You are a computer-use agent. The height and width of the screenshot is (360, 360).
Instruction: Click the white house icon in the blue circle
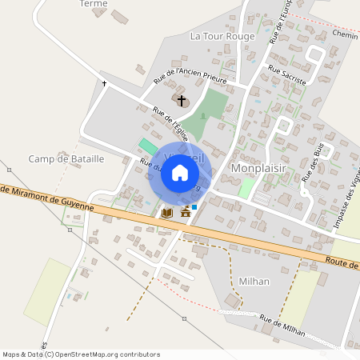[180, 173]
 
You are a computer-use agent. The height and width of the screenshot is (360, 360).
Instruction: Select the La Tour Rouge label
[222, 36]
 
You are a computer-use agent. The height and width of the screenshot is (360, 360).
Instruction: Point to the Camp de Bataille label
[66, 159]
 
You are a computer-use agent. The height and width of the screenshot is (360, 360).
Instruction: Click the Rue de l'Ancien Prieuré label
[190, 77]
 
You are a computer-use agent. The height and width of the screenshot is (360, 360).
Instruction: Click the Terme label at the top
[94, 4]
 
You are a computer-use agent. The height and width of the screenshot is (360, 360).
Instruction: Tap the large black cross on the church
[182, 101]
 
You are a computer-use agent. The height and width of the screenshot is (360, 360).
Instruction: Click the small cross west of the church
[104, 82]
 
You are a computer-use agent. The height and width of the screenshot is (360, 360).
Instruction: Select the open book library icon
[166, 213]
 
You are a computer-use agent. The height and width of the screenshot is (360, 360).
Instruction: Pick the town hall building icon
[186, 212]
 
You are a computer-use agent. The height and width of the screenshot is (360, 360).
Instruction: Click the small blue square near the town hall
[194, 206]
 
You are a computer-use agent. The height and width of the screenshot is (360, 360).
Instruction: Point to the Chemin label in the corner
[345, 35]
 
